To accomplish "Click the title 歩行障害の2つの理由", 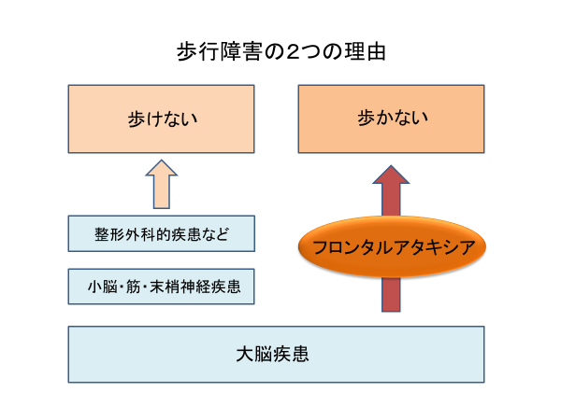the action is (x=280, y=52).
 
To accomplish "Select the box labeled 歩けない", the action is (x=162, y=119).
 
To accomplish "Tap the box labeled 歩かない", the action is (x=391, y=119).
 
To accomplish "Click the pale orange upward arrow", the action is (x=162, y=184).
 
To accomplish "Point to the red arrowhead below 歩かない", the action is (x=391, y=175).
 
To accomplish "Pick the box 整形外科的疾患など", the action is (x=162, y=233).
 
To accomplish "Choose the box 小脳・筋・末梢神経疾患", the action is (x=162, y=287).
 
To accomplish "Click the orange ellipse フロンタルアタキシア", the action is (x=392, y=246).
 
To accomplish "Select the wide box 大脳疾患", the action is (x=276, y=355).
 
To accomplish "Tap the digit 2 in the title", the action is (x=293, y=52).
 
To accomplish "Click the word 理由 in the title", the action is (x=365, y=52).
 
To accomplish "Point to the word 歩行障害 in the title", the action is (x=219, y=52).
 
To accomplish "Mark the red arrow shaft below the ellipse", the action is (x=391, y=295).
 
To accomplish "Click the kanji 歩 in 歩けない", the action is (x=136, y=119).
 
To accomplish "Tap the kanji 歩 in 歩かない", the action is (x=366, y=118).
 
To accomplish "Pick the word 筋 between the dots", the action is (x=134, y=287).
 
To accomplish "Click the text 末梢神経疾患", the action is (x=195, y=287).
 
